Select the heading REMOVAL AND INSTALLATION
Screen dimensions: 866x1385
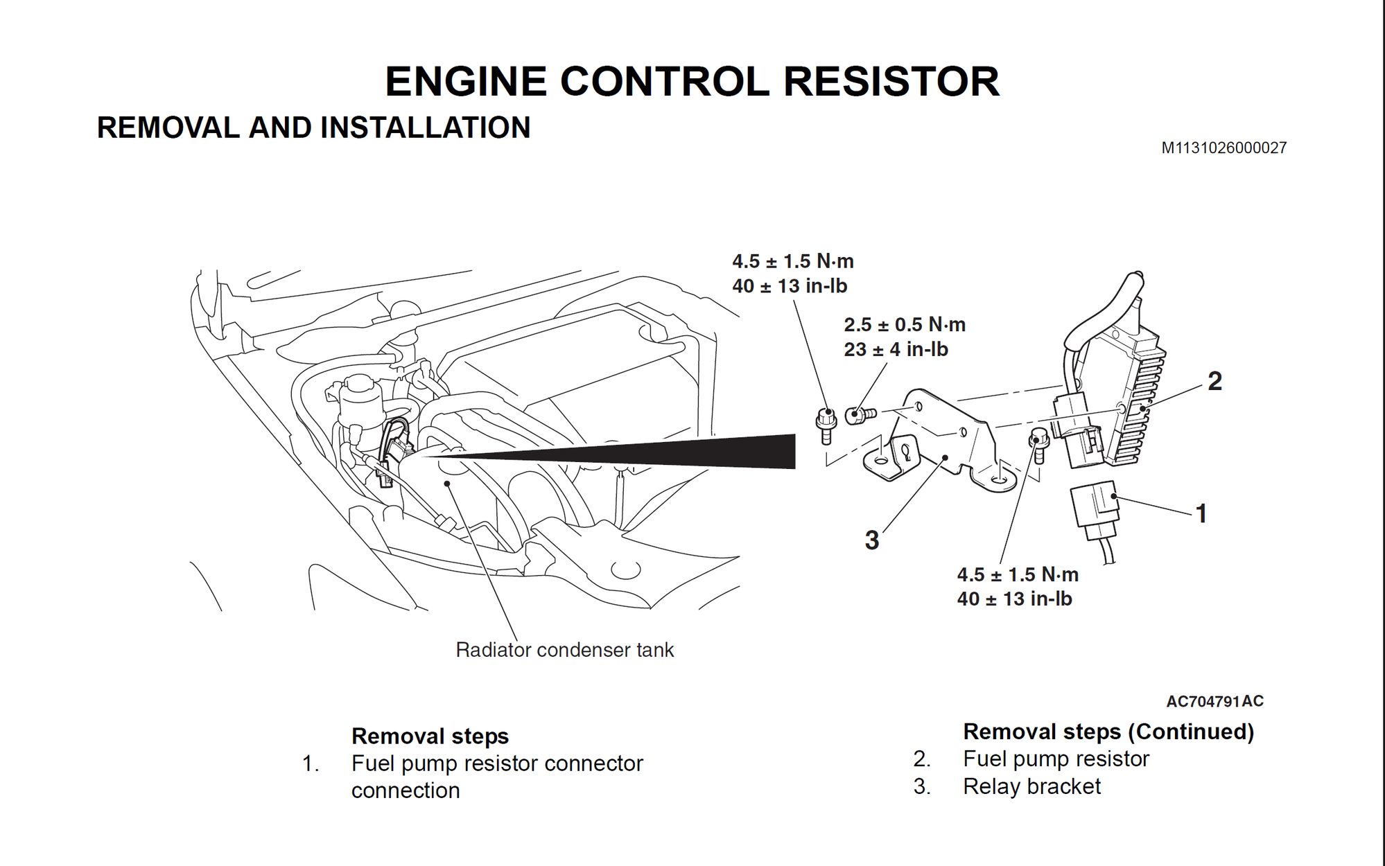[x=313, y=127]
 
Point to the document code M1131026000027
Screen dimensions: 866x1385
[x=1223, y=148]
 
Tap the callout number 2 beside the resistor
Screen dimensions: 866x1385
[x=1214, y=381]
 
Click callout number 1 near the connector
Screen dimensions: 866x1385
[x=1201, y=513]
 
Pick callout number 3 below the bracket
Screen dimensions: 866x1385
[x=871, y=540]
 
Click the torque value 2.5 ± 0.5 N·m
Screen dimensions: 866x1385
[x=904, y=324]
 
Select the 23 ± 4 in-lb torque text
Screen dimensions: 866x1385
[x=895, y=349]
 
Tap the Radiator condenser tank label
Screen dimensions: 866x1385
[x=564, y=650]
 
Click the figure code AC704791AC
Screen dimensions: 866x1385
[x=1214, y=701]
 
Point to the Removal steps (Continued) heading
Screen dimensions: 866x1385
[x=1108, y=732]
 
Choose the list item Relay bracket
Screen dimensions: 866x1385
[x=1031, y=786]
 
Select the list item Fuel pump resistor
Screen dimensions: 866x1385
[x=1055, y=759]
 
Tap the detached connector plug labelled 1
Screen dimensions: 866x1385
[x=1095, y=509]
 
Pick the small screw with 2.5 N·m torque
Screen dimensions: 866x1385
[x=860, y=415]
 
